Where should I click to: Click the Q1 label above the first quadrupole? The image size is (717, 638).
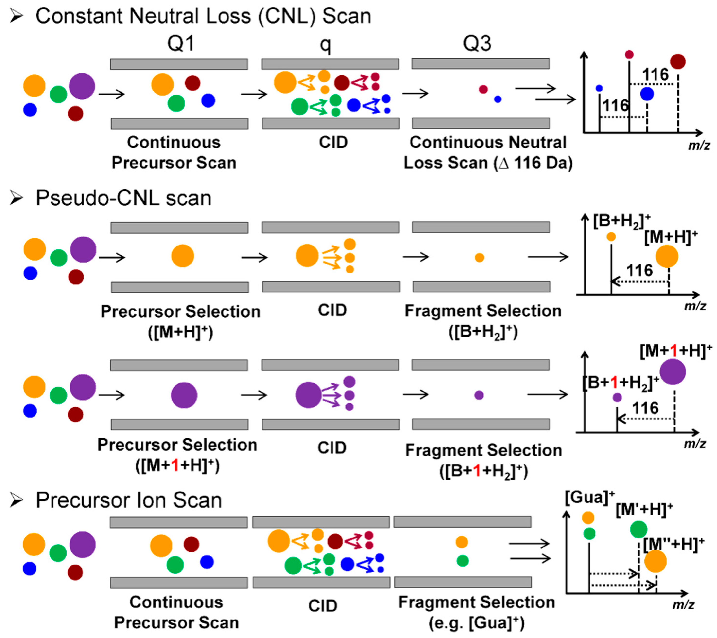[180, 44]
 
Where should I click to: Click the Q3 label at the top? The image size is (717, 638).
[477, 44]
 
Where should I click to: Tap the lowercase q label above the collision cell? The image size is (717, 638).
[325, 46]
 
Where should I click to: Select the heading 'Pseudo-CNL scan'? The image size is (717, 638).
[124, 198]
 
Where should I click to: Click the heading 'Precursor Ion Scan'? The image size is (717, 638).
[129, 500]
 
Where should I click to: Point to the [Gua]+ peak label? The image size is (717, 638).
[590, 498]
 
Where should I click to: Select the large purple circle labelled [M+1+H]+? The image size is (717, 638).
[673, 372]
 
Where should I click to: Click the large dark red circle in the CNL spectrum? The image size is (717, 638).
[678, 62]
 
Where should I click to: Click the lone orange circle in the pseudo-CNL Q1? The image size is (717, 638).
[182, 256]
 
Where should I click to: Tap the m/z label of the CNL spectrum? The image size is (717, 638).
[699, 145]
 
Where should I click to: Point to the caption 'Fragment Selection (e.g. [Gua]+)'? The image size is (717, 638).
[476, 613]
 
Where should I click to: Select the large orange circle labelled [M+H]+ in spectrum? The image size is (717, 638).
[666, 256]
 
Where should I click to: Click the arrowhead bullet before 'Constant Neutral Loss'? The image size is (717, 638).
[16, 16]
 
